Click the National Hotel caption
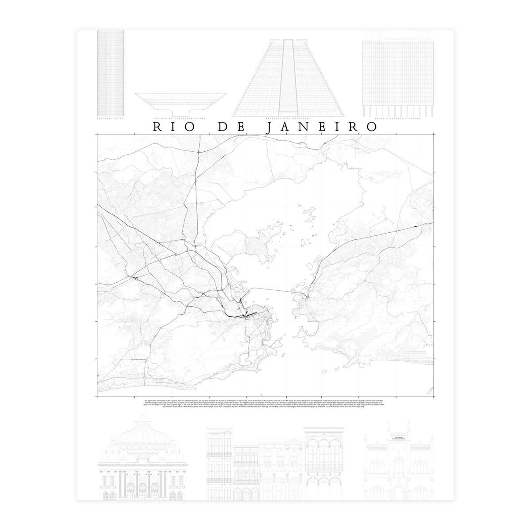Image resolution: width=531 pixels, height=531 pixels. (110, 119)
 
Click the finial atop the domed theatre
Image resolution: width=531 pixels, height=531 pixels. (142, 416)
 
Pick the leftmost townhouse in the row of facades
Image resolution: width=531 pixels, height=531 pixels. (219, 465)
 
